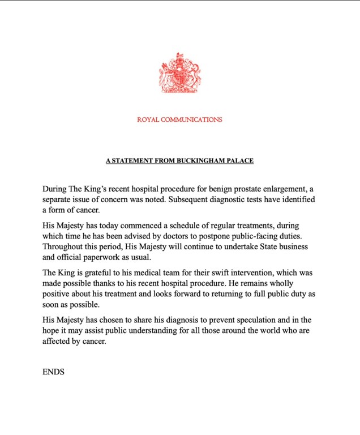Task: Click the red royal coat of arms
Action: [179, 73]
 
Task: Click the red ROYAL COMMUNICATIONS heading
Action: [179, 120]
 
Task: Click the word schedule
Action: [176, 226]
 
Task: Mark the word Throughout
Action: [65, 248]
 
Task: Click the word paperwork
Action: [115, 258]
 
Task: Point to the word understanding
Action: [169, 331]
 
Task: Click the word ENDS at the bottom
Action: [53, 372]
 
